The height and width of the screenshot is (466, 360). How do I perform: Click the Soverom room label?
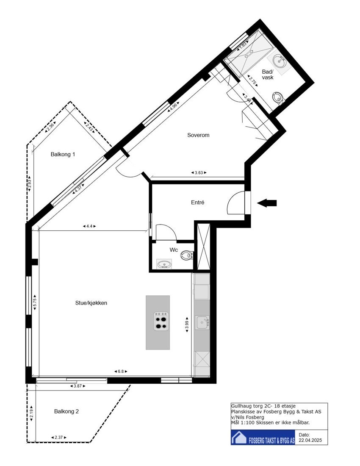tap(199, 135)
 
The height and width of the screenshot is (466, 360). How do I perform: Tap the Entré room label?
tap(198, 202)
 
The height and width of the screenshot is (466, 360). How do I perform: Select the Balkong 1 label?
tap(63, 155)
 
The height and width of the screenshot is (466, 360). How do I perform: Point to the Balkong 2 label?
tap(66, 411)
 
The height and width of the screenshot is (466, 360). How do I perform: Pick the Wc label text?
tap(174, 250)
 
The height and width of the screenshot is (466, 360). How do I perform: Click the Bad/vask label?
tap(268, 75)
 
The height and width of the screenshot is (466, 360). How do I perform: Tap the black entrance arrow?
tap(267, 203)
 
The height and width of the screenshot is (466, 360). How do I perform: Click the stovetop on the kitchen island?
tap(160, 321)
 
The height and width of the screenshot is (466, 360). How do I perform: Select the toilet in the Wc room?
tap(186, 255)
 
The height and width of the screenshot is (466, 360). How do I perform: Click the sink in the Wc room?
tap(163, 265)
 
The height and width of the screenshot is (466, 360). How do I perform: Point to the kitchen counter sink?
tap(201, 322)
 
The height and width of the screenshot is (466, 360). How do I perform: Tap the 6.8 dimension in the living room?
tap(121, 372)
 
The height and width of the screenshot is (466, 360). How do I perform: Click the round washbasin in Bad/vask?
tap(279, 59)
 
